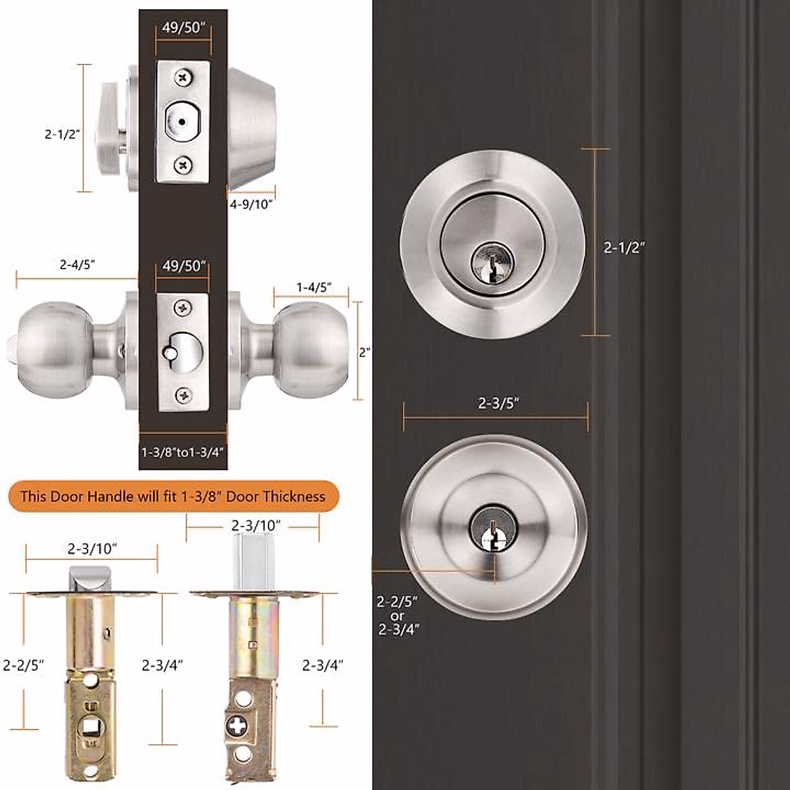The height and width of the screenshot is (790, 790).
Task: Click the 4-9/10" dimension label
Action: click(x=251, y=204)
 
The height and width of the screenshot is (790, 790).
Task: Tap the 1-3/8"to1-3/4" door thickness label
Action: click(x=184, y=452)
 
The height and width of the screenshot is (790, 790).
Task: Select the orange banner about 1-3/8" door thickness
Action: click(x=172, y=496)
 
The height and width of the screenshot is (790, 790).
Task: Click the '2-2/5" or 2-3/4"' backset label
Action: click(x=398, y=615)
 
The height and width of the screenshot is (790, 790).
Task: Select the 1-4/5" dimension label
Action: click(x=313, y=287)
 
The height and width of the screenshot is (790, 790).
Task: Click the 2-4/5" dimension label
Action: click(x=78, y=265)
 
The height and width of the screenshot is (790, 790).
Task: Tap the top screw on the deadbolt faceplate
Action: click(x=182, y=78)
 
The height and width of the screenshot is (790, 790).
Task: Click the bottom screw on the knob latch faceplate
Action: click(x=182, y=395)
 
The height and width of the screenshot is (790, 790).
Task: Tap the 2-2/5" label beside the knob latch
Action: click(x=23, y=666)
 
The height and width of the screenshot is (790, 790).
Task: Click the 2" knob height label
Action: click(x=364, y=352)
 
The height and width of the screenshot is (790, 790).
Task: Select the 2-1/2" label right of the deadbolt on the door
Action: click(x=623, y=248)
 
